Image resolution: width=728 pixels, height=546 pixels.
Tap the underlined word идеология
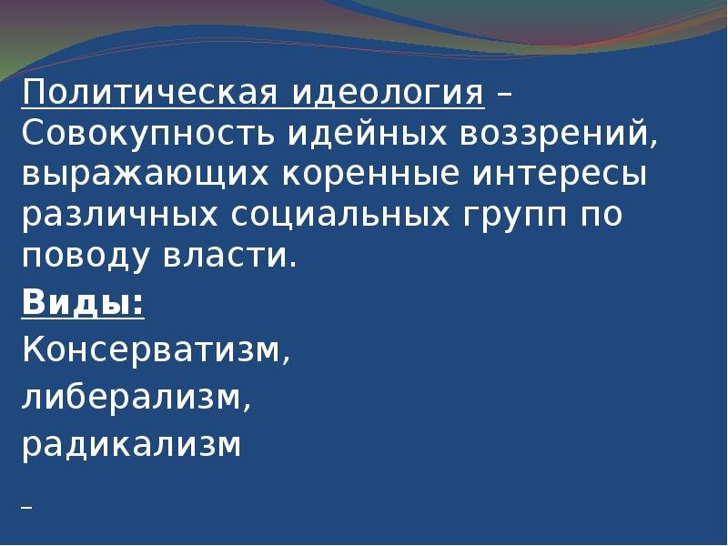click(389, 93)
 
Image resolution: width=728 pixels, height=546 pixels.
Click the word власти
click(240, 256)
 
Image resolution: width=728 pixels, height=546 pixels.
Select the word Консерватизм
click(157, 350)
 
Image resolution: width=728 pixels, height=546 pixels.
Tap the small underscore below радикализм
click(27, 507)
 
